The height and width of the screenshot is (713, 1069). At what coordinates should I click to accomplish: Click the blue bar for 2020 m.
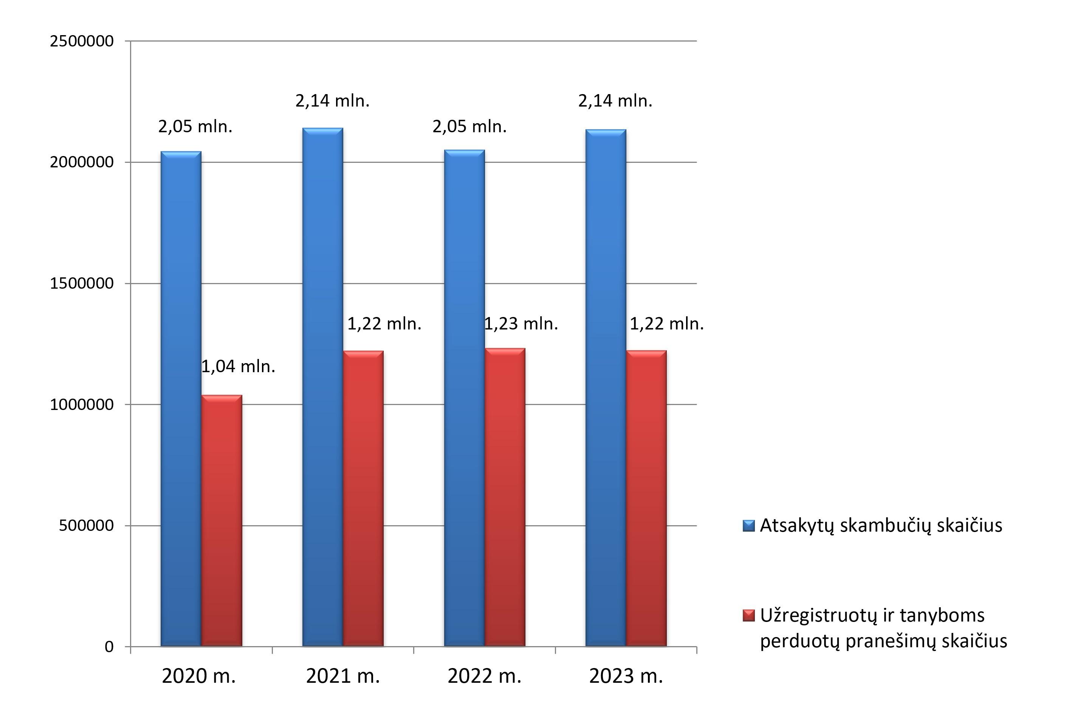(181, 399)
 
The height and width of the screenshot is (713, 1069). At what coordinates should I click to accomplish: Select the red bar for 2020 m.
(222, 521)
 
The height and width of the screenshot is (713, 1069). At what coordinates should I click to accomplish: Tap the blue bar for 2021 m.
(322, 387)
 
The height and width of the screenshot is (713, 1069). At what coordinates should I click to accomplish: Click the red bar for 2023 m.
(646, 498)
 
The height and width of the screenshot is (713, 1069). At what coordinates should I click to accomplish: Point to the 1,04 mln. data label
(239, 367)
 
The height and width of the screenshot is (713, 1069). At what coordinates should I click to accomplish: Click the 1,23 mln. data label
(521, 324)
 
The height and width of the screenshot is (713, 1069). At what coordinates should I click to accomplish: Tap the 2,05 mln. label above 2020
(195, 127)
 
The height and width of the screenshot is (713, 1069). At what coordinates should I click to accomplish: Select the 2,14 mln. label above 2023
(615, 101)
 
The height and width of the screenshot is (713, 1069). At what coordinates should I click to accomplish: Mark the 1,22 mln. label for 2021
(384, 324)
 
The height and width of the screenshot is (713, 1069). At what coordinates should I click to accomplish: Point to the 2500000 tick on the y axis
(82, 41)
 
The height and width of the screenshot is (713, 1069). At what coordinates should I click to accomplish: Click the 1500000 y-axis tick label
(82, 283)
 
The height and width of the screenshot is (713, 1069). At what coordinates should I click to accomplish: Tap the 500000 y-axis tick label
(87, 525)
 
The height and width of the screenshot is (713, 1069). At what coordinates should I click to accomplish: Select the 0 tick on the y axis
(109, 646)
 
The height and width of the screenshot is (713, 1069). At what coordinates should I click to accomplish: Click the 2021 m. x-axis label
(342, 676)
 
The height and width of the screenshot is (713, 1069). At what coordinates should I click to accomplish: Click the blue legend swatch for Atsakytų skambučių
(749, 526)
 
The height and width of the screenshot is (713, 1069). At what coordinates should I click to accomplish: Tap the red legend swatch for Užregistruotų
(749, 616)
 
